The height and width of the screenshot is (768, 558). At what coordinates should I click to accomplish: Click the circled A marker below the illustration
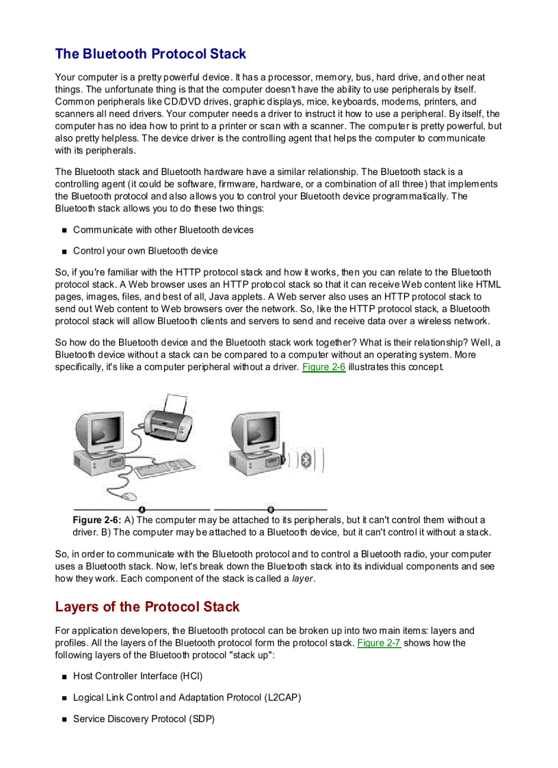(x=142, y=509)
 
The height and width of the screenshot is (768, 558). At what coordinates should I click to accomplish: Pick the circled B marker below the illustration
(x=271, y=509)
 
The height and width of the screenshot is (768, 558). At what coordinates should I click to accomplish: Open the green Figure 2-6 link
(x=323, y=367)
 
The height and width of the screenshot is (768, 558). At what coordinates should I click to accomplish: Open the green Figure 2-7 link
(x=379, y=643)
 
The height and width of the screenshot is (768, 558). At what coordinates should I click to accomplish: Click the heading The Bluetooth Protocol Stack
(x=150, y=54)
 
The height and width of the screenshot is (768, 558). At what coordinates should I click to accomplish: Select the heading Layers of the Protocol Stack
(x=147, y=607)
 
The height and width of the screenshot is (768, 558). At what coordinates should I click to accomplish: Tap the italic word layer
(x=303, y=579)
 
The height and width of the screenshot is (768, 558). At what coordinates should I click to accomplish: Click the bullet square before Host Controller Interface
(x=64, y=677)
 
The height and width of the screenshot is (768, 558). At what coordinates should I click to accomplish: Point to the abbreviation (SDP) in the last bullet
(x=202, y=719)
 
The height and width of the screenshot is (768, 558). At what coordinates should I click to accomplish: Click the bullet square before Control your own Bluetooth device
(x=64, y=252)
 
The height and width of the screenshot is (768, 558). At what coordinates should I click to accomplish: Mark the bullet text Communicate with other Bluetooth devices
(x=163, y=230)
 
